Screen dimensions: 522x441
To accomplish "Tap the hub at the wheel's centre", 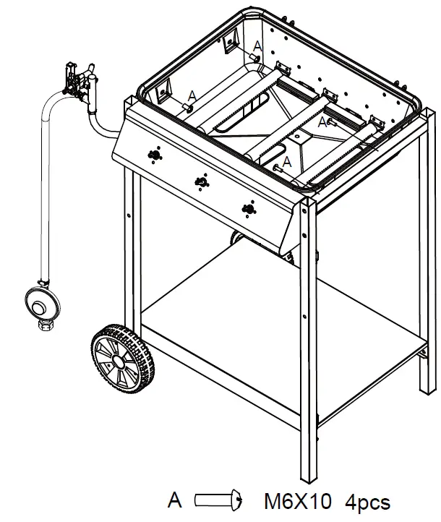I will click(120, 359).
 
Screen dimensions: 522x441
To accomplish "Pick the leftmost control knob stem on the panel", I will click(153, 155).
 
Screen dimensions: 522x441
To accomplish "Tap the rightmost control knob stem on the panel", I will click(249, 210).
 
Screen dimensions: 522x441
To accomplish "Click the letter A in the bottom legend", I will click(174, 500).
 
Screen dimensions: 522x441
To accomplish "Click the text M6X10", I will click(297, 500).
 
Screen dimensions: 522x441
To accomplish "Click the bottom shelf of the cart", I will click(282, 318).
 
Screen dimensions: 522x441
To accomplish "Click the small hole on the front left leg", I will click(128, 214).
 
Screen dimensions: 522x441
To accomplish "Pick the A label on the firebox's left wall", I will click(192, 95).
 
